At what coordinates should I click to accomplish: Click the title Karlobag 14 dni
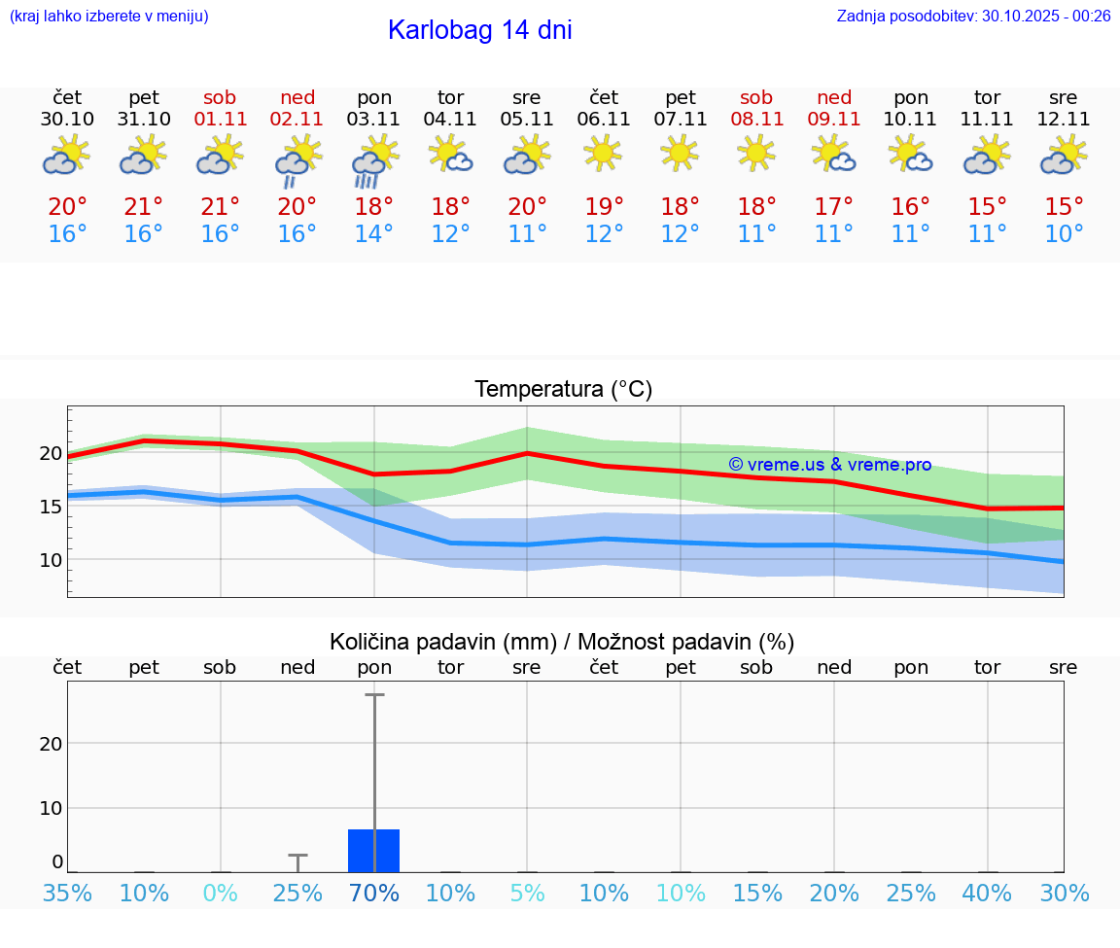coord(479,30)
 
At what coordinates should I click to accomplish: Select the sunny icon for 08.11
coord(756,153)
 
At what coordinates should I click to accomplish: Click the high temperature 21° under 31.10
coord(144,207)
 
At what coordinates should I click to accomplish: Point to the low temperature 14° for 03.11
coord(374,234)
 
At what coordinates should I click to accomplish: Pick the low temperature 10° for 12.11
coord(1064,234)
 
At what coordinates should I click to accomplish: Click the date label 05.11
coord(527,120)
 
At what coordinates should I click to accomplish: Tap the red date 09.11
coord(833,120)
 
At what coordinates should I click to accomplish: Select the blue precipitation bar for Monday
coord(374,851)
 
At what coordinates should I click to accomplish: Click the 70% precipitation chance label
coord(374,893)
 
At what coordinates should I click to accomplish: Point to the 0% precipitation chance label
coord(221,893)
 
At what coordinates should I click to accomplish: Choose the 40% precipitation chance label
coord(987,893)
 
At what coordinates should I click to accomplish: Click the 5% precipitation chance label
coord(527,893)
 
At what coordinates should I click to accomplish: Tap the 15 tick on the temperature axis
coord(51,507)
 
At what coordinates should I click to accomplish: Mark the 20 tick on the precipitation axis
coord(51,744)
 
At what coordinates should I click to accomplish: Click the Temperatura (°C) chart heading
coord(563,390)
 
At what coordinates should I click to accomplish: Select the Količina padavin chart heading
coord(562,642)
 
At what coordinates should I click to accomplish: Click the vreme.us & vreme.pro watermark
coord(829,465)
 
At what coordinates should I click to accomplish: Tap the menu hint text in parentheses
coord(109,17)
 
